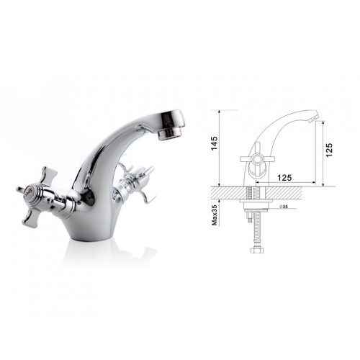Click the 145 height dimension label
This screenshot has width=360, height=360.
pos(214,143)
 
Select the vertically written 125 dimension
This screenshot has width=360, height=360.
pos(329,150)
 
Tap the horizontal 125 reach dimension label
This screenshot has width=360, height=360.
pos(284,178)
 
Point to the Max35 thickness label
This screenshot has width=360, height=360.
pos(215,215)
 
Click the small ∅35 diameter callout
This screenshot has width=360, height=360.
pos(284,207)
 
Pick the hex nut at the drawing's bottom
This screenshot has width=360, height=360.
pos(257,250)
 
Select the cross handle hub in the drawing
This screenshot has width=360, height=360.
pos(257,159)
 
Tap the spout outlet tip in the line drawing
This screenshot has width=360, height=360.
pos(313,118)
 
